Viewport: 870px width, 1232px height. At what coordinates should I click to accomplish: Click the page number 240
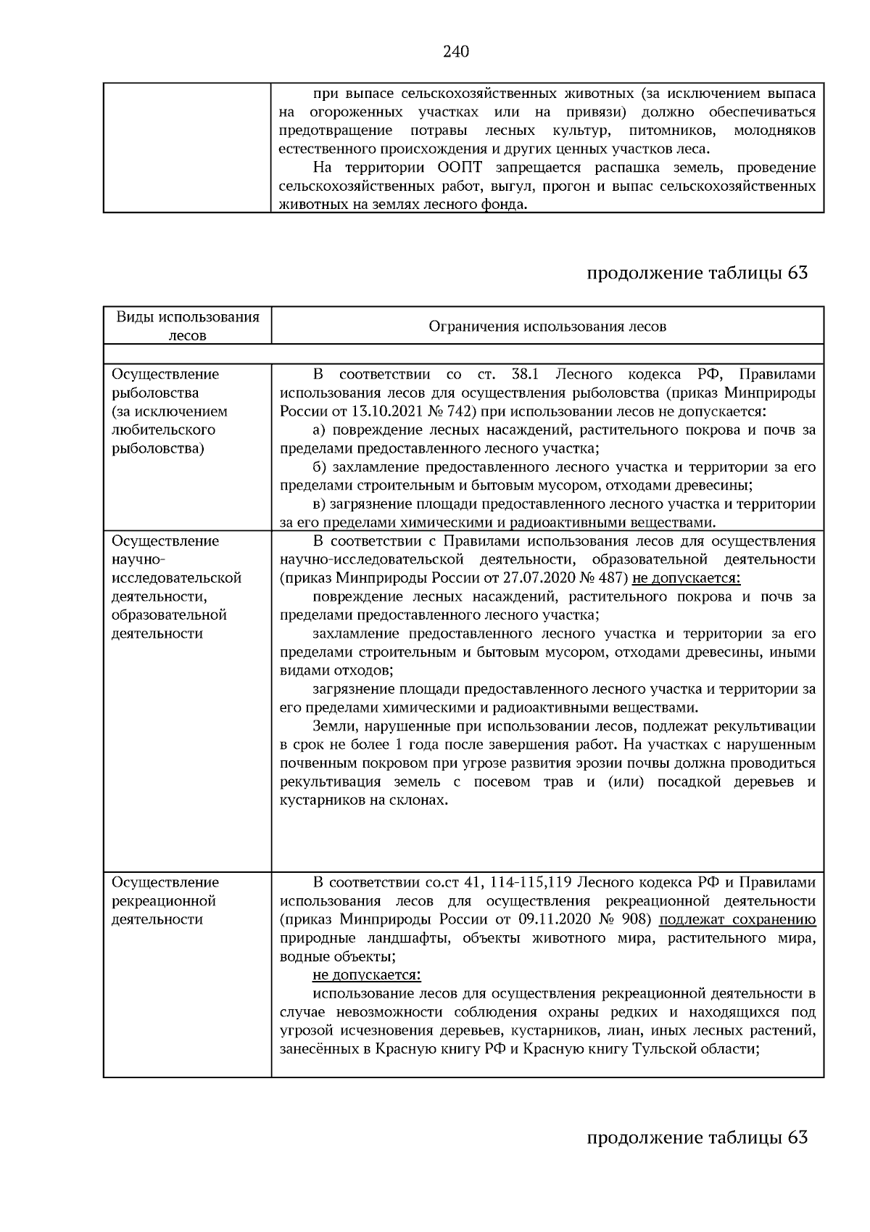[456, 52]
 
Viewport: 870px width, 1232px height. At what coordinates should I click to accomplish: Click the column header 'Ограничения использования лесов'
[547, 327]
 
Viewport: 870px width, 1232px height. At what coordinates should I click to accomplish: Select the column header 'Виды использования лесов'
[187, 326]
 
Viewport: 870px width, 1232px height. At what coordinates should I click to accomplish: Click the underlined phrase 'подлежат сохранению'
[737, 920]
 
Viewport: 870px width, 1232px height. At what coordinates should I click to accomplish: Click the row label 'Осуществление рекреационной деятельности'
[165, 900]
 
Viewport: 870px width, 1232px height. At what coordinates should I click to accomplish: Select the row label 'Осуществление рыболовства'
[165, 383]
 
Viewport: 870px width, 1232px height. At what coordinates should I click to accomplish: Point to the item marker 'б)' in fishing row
[320, 467]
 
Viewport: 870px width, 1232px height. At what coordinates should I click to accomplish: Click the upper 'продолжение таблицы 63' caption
[696, 273]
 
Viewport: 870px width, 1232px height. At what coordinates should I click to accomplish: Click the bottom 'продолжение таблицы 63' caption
[696, 1137]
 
